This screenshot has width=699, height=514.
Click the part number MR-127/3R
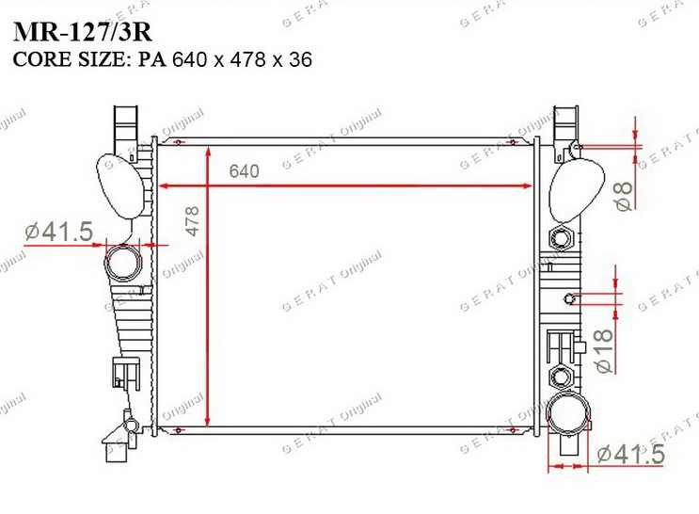pos(83,32)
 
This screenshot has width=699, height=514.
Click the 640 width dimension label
pos(244,171)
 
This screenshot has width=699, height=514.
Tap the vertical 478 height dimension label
pos(193,221)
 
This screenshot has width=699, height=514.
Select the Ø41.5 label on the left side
pos(59,232)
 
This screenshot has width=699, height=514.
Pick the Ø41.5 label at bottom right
pos(631,454)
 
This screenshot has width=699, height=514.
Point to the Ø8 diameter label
pos(624,196)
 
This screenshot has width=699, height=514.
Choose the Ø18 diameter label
pos(604,351)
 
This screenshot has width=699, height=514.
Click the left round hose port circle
pos(122,263)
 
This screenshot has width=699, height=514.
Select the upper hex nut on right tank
pos(560,239)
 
